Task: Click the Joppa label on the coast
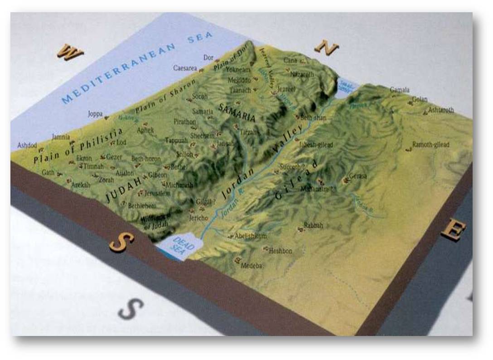[95, 114]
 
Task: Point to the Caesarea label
[185, 68]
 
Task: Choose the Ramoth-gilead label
[430, 145]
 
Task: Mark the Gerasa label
[358, 176]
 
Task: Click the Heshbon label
[280, 251]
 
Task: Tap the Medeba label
[252, 266]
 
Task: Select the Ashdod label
[27, 145]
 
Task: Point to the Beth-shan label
[313, 118]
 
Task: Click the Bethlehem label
[142, 205]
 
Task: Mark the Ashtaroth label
[441, 110]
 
